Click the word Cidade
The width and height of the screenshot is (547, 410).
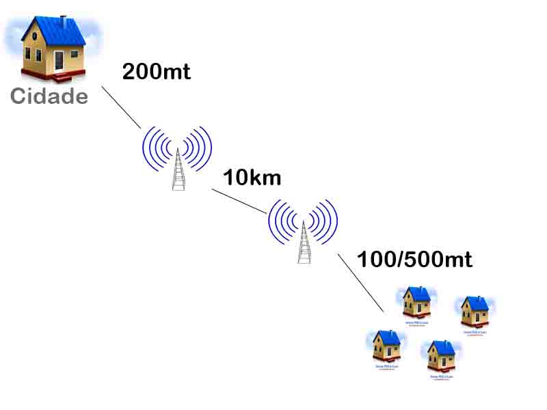[49, 96]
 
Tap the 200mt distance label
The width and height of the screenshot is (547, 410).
[156, 71]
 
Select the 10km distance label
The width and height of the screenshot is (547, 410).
[252, 178]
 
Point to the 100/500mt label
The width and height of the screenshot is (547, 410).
[414, 260]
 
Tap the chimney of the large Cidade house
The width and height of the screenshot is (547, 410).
[64, 22]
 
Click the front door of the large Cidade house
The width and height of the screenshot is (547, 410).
[59, 60]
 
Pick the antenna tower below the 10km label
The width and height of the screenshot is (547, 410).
[304, 243]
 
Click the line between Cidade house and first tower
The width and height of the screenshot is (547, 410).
[121, 107]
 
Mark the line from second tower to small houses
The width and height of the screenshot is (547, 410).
[361, 283]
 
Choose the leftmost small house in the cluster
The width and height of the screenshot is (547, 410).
[387, 346]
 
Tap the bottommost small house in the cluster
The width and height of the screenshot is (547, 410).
[441, 355]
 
